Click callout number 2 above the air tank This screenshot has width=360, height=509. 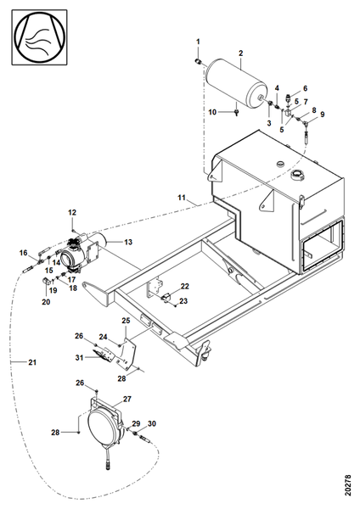[x=241, y=53]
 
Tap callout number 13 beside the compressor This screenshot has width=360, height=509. [x=128, y=242]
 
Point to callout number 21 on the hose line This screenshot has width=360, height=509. [x=32, y=362]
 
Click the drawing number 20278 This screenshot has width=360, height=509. [x=348, y=485]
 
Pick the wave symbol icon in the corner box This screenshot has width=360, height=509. [x=39, y=37]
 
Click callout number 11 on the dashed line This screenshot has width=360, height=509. [x=182, y=198]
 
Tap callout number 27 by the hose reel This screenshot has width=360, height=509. [x=127, y=399]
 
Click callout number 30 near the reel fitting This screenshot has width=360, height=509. [x=152, y=423]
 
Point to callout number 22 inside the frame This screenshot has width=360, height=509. [x=185, y=287]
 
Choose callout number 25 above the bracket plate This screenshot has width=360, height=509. [x=126, y=321]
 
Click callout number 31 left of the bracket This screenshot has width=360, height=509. [x=79, y=357]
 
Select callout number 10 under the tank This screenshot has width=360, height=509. [x=212, y=112]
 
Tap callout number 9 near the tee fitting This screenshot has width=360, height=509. [x=322, y=115]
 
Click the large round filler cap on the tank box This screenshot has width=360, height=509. [x=297, y=176]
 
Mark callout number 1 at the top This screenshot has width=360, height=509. [x=198, y=42]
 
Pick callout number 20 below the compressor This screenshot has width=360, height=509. [x=46, y=302]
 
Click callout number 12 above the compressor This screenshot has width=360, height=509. [x=72, y=212]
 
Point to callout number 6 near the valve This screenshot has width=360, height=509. [x=305, y=88]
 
